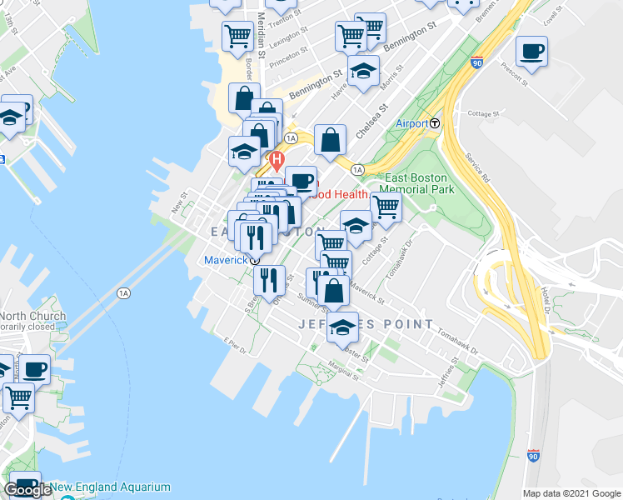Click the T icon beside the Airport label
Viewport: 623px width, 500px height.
(x=435, y=123)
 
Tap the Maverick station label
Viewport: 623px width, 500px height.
(x=226, y=259)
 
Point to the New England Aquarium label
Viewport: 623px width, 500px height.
(x=110, y=487)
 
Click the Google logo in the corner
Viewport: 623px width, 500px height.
(x=27, y=490)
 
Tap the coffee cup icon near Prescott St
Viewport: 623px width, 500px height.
(x=531, y=52)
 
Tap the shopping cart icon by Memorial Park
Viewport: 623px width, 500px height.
(x=386, y=205)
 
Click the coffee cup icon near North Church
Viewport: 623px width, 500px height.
(x=34, y=368)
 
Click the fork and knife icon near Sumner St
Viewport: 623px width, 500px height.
(x=269, y=278)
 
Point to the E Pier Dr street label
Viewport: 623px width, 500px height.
(x=236, y=345)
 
